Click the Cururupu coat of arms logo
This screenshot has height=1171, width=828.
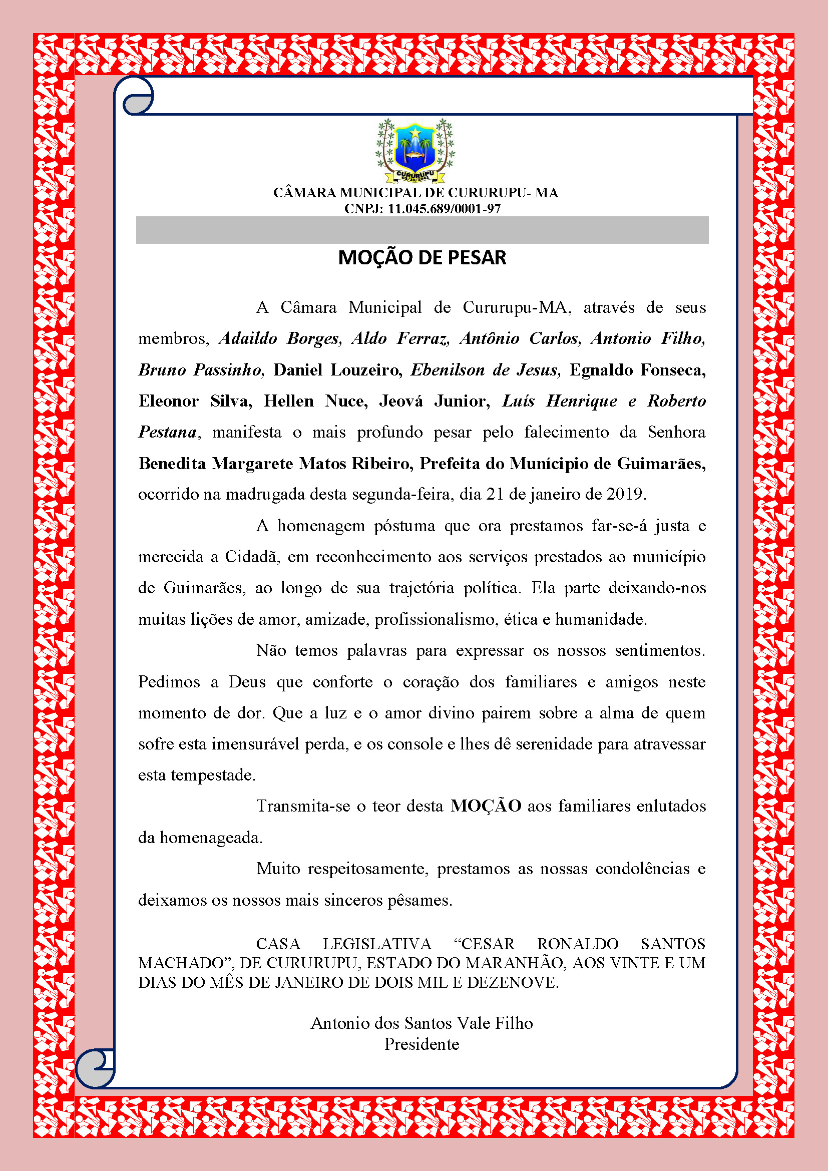(x=415, y=151)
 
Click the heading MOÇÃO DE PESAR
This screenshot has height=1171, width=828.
(x=422, y=257)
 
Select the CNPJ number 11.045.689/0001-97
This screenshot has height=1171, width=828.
(x=444, y=209)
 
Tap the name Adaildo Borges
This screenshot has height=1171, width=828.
(x=279, y=338)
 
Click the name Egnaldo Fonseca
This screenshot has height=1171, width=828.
(x=637, y=370)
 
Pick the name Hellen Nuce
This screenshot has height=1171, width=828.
(x=315, y=401)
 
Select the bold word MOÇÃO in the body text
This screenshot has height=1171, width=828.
(x=486, y=806)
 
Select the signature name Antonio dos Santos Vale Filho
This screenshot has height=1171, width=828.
(x=422, y=1023)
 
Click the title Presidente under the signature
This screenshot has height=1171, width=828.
(x=422, y=1044)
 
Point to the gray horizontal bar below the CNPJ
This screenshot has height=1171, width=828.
(x=422, y=230)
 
